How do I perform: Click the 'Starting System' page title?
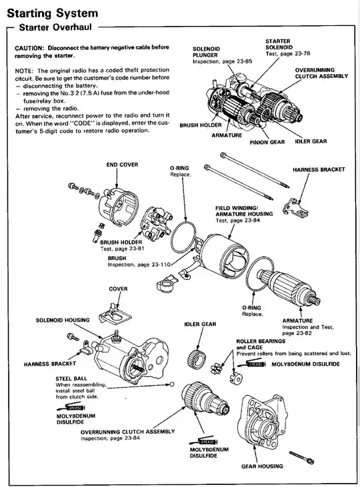click(52, 13)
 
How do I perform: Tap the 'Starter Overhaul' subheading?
click(55, 27)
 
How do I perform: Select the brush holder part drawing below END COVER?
click(156, 224)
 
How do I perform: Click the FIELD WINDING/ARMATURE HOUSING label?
click(244, 211)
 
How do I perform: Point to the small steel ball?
click(172, 385)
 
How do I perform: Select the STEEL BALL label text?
click(71, 378)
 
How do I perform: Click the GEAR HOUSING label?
click(262, 466)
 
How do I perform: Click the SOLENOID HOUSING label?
click(63, 320)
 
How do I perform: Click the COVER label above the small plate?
click(118, 289)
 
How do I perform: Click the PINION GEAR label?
click(267, 142)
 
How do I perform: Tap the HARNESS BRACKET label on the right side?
click(319, 170)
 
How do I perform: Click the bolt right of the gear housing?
click(301, 457)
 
